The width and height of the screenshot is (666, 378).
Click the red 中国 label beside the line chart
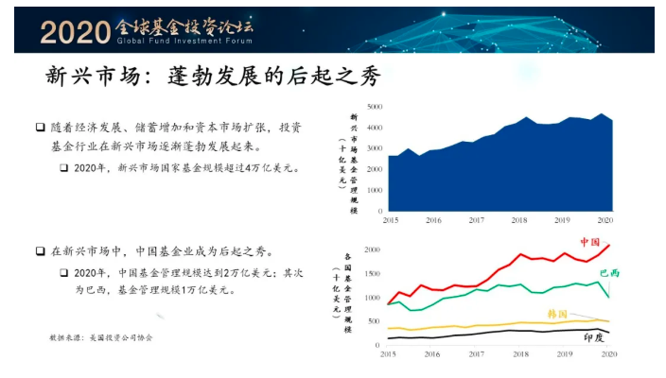590,241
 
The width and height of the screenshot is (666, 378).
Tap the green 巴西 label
610,273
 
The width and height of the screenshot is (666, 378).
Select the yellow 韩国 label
557,314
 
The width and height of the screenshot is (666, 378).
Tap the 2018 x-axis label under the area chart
520,219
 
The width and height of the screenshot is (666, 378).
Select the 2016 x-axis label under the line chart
432,354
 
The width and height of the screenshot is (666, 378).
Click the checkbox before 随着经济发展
41,127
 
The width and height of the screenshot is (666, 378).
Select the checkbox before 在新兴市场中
41,251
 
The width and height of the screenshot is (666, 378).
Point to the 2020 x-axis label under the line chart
608,354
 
